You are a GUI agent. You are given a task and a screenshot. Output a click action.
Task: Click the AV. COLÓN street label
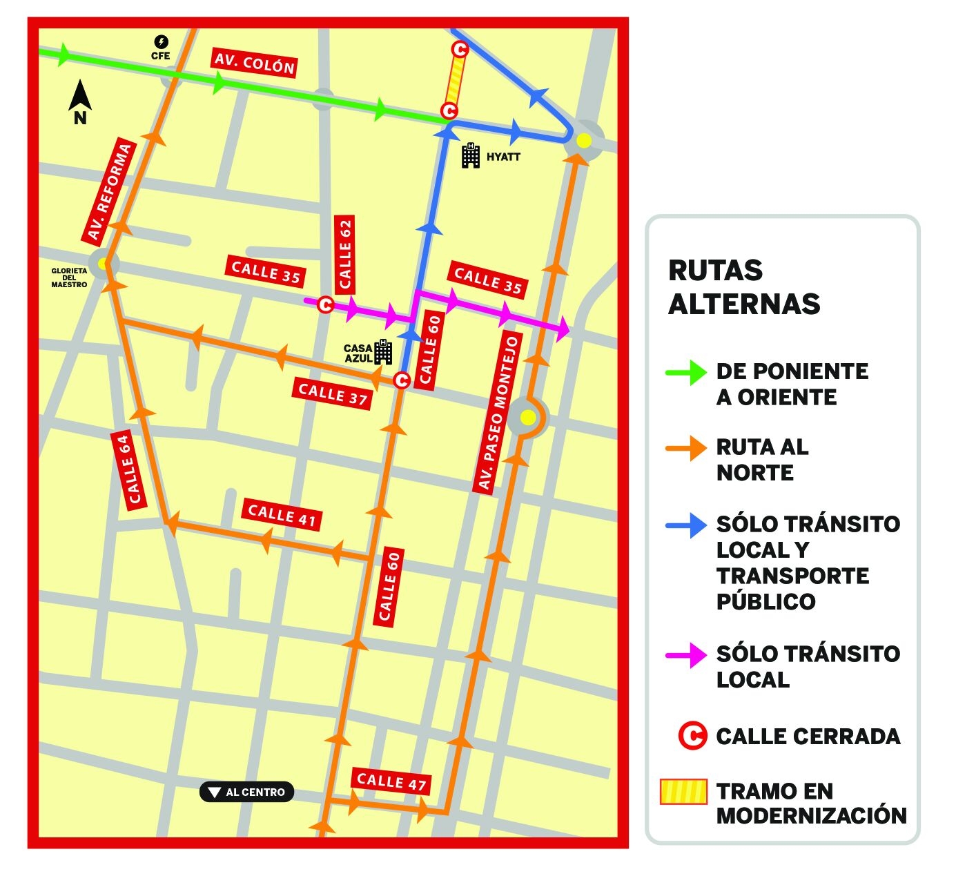tap(255, 64)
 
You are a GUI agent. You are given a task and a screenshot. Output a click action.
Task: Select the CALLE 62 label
tap(344, 254)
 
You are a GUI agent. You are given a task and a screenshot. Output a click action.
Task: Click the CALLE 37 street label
tap(333, 393)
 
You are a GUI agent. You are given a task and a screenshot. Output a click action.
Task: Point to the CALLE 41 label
tap(282, 515)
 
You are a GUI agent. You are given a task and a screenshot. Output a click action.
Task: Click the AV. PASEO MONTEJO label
tap(498, 412)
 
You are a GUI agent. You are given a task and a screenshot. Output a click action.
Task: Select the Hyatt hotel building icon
tap(471, 156)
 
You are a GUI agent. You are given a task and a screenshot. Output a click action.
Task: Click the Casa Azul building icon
tap(383, 352)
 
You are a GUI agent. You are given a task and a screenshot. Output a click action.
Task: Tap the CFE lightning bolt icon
tap(161, 42)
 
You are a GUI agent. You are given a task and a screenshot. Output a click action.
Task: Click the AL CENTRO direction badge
tap(247, 792)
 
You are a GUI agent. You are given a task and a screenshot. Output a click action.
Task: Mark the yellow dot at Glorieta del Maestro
tap(103, 263)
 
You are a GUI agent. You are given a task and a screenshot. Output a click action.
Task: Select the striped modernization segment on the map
tap(455, 80)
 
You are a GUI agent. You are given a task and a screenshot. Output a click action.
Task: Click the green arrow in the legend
tap(685, 372)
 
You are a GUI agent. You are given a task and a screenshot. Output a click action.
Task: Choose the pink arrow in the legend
tap(685, 655)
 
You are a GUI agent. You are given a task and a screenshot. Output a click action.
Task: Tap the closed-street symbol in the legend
tap(692, 736)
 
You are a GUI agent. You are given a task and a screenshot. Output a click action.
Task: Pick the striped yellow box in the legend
tap(683, 792)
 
